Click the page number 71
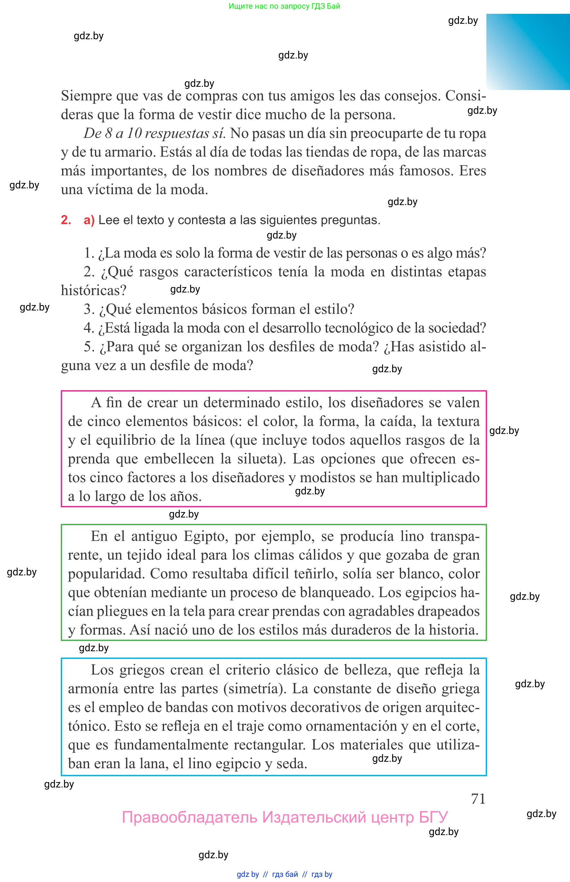pyautogui.click(x=478, y=798)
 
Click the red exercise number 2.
pyautogui.click(x=66, y=220)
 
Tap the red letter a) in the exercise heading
pyautogui.click(x=89, y=220)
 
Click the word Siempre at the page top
pyautogui.click(x=86, y=96)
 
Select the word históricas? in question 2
pyautogui.click(x=94, y=291)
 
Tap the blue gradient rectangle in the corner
pyautogui.click(x=528, y=52)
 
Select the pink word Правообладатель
pyautogui.click(x=189, y=817)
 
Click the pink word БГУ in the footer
pyautogui.click(x=433, y=817)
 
